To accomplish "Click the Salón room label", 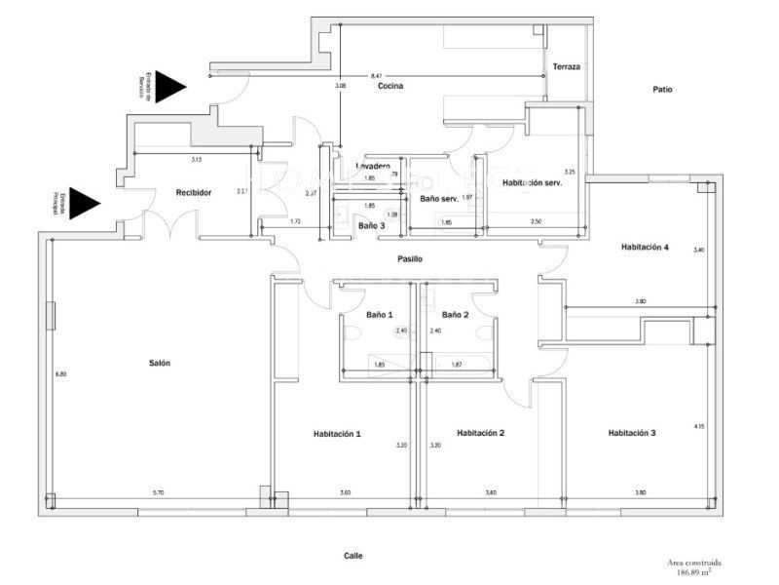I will coord(160,363).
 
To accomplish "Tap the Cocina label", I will coord(390,87).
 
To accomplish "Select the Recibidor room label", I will coord(194,193).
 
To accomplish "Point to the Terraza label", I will coord(566,66).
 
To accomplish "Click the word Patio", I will coord(662,90).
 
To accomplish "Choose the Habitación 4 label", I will coord(645,248).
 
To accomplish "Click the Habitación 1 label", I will coord(337,434).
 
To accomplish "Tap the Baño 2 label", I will coord(455,315).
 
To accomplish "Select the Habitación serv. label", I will coord(532,183).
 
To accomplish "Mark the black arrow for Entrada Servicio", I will coord(172,86).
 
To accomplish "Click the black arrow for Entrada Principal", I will coord(87,203).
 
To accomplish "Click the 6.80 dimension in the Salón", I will coord(60,374).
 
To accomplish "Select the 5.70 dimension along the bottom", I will coord(159,493).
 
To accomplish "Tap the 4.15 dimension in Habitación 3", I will coord(699,427).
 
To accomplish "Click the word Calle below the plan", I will coord(352,555).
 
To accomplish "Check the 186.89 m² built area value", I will coord(693,571).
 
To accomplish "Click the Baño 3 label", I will coord(371,226).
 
